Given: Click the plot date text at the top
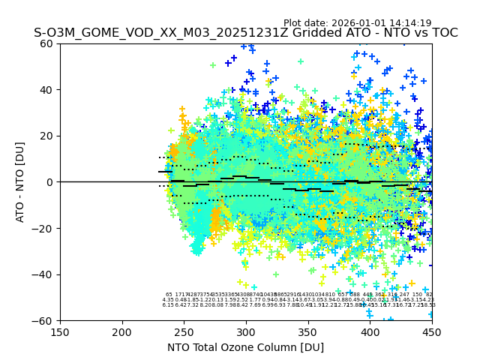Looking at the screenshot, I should [357, 23].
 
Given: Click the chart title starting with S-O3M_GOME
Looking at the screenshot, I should [245, 34].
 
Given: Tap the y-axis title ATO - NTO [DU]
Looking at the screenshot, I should [20, 182].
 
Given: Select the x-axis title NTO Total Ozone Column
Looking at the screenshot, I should [245, 347].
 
